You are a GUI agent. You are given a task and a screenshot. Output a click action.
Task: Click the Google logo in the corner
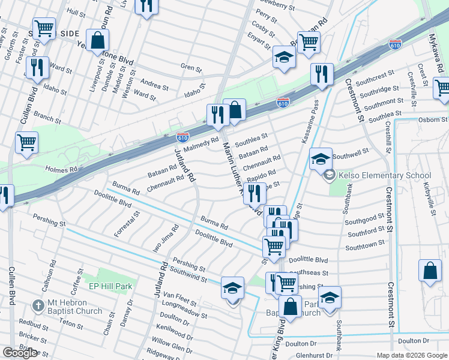click(x=20, y=353)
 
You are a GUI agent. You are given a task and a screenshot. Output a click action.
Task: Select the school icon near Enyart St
click(x=285, y=57)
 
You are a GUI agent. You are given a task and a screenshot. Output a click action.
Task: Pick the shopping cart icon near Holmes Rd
click(x=26, y=143)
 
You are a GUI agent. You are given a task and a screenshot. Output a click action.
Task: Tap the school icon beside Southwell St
click(x=321, y=159)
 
